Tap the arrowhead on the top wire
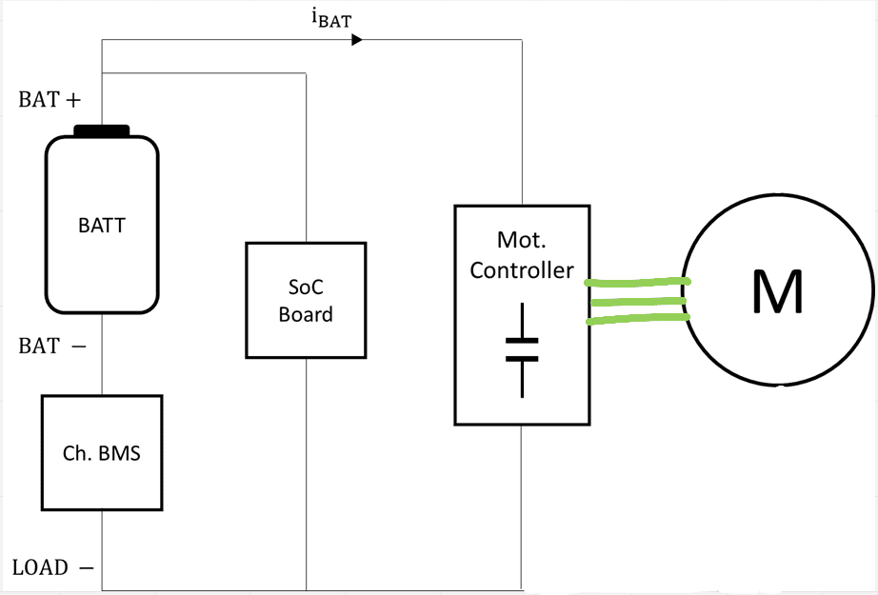tap(357, 40)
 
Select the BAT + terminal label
tap(50, 100)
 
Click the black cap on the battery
tap(102, 130)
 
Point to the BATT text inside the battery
tap(102, 227)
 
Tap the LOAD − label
tap(53, 568)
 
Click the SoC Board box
tap(306, 300)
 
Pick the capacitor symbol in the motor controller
tap(522, 349)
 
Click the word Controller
tap(522, 270)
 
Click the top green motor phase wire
tap(637, 282)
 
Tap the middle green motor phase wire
tap(637, 302)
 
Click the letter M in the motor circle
tap(777, 292)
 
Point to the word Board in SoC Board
tap(306, 314)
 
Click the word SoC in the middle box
tap(306, 287)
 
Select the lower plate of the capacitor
tap(522, 359)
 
